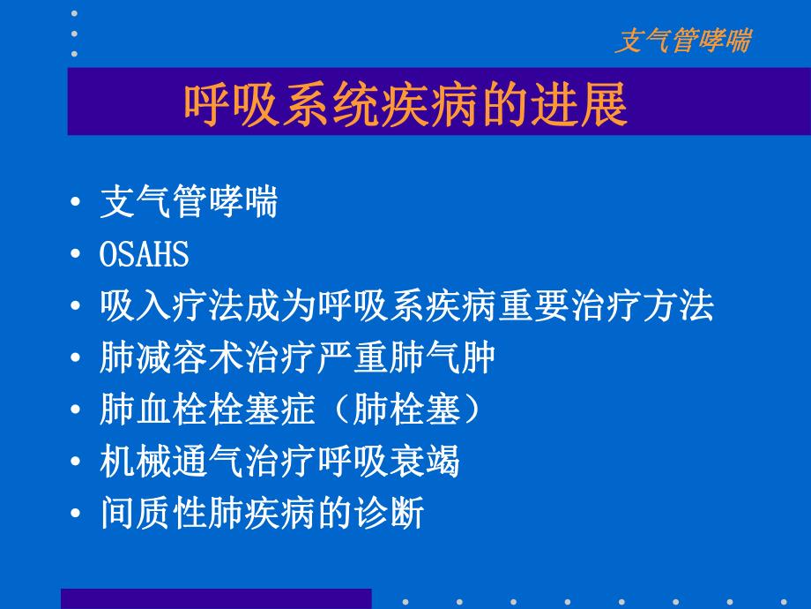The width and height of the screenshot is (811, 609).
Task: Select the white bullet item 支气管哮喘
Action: coord(189,203)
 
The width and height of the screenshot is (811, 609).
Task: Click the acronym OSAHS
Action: coord(145,255)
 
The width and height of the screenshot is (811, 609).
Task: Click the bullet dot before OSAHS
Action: coord(78,256)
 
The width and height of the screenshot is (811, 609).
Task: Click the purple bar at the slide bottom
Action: coord(216,598)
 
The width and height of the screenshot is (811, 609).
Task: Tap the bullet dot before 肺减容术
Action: coord(78,359)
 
